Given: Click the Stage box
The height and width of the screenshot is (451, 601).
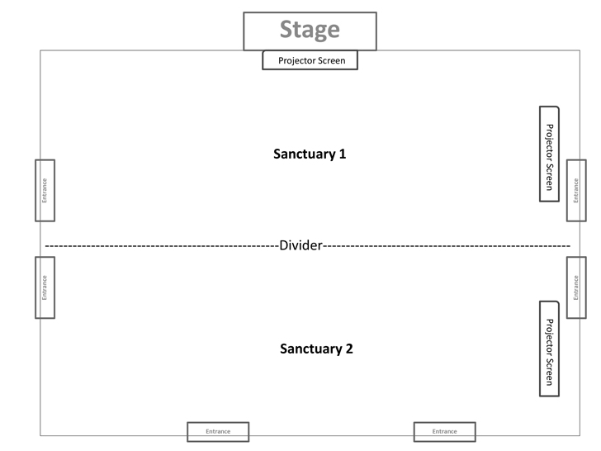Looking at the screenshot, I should (310, 31).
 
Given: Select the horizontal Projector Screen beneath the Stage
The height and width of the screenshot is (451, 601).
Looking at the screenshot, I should (310, 60).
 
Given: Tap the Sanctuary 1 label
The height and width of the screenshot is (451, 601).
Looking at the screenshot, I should (310, 154).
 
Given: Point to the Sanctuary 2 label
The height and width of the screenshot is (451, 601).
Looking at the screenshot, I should (316, 349).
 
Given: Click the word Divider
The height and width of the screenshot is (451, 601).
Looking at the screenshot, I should (300, 246).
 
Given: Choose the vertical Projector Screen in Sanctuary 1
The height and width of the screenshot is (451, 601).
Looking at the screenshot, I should (549, 154).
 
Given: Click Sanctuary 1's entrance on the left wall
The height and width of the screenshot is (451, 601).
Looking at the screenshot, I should (45, 190).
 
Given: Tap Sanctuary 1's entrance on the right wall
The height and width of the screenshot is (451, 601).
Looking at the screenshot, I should (576, 190).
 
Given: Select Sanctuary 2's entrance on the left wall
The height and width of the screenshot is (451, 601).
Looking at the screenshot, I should (45, 287).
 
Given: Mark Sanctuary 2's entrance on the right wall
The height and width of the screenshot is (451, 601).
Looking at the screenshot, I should (576, 287).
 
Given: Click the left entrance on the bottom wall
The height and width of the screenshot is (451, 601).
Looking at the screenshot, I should (217, 431).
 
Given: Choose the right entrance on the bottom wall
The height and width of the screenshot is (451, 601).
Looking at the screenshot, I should (445, 431).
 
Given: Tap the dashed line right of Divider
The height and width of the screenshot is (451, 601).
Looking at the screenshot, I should (446, 246).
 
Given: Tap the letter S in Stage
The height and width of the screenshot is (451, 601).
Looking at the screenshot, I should (286, 30).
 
